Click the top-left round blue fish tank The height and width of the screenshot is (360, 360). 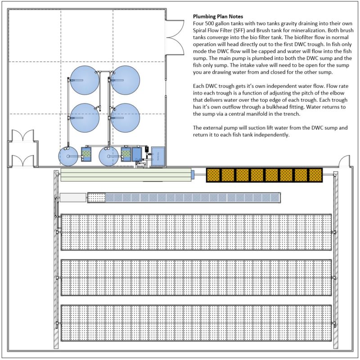pos(85,80)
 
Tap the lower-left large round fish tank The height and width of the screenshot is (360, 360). pos(85,118)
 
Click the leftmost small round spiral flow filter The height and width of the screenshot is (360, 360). pos(68,156)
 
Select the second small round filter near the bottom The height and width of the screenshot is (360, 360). pos(108,156)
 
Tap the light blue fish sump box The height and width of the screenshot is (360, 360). pos(158,155)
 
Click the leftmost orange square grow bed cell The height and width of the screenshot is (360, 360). pos(214,175)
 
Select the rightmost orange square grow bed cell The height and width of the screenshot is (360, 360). pos(314,175)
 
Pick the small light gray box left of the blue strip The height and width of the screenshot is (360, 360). pos(72,197)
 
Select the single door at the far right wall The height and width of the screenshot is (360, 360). pos(345,161)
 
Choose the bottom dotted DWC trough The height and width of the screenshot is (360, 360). pos(196,323)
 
